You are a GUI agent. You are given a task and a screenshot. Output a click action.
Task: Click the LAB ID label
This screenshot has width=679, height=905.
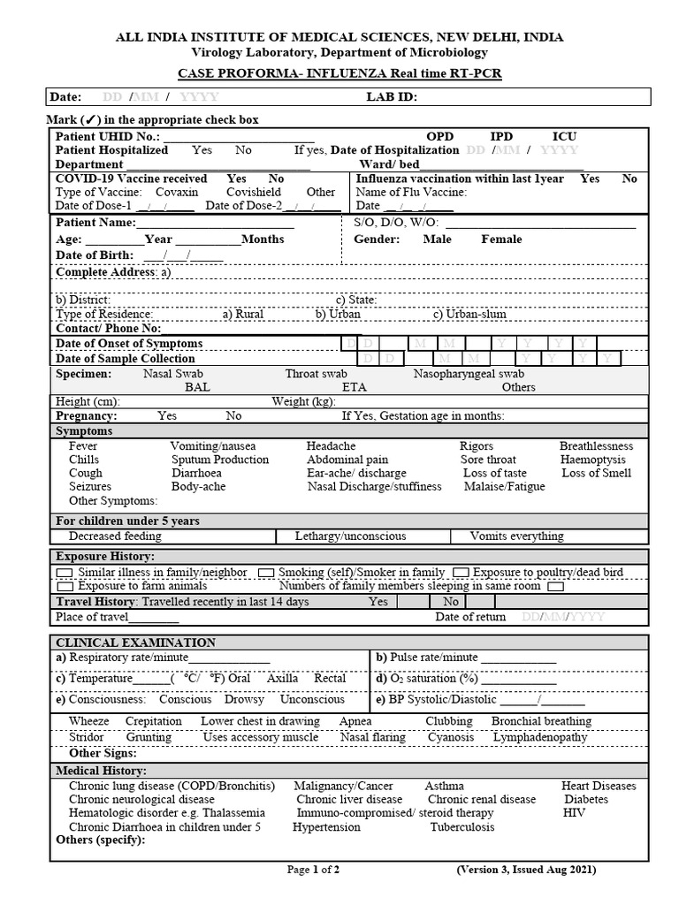392,97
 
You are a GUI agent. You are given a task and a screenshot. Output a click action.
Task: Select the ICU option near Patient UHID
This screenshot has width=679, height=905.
564,136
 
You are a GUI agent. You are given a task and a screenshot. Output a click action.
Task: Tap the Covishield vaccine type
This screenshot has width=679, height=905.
253,192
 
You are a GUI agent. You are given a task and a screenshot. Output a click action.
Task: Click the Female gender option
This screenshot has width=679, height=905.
501,239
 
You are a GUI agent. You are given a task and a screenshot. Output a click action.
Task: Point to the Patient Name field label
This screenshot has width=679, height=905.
95,223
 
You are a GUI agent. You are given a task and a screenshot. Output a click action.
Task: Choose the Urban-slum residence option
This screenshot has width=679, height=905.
469,314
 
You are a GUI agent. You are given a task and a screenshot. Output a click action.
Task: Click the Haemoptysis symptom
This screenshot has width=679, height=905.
592,460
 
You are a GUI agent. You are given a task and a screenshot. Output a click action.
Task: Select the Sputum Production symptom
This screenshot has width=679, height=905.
219,460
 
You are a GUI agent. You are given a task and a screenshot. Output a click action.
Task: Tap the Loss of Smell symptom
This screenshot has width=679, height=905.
597,473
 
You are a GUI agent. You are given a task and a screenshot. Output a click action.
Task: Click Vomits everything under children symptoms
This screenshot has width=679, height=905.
516,536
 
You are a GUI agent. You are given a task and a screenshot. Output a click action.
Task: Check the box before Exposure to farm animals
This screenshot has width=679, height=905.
65,586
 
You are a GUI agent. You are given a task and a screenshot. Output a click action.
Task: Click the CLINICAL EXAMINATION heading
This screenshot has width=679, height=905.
135,643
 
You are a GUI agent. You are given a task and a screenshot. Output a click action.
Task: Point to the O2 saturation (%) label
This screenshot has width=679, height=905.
426,679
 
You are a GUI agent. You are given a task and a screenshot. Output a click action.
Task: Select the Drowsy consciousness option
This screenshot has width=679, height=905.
244,699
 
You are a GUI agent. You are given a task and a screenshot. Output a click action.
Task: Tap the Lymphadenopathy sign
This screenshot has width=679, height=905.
540,736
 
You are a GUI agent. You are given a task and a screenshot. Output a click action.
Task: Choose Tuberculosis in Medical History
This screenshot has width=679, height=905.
462,827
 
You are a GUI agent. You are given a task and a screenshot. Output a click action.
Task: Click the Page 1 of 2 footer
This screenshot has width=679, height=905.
313,870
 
